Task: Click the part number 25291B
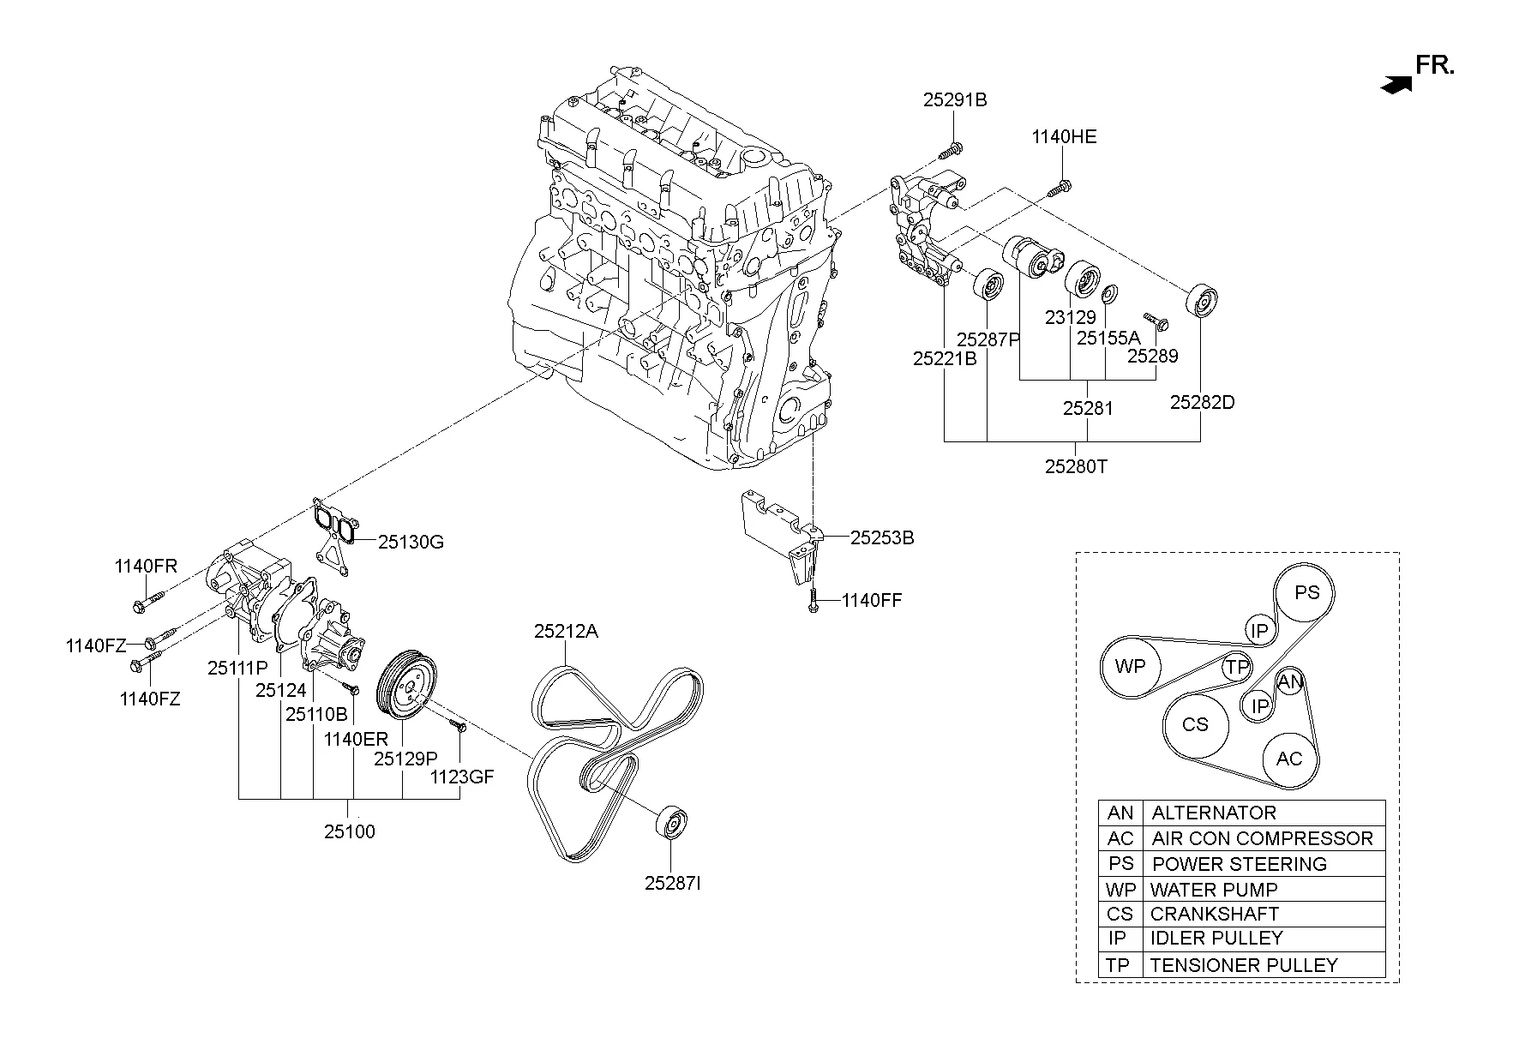click(x=954, y=100)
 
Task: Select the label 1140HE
click(x=1063, y=137)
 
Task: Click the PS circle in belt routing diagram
click(x=1306, y=593)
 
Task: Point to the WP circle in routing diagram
click(x=1130, y=666)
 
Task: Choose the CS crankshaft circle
click(x=1194, y=725)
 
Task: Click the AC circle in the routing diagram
click(x=1288, y=759)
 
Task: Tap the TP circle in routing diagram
click(x=1236, y=668)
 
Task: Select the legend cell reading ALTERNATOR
click(x=1213, y=813)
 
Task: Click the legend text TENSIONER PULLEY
click(x=1243, y=965)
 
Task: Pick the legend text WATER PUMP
click(x=1213, y=890)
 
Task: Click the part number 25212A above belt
click(x=566, y=632)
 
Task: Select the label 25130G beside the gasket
click(x=411, y=542)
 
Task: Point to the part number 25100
click(x=349, y=831)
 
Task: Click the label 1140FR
click(x=146, y=566)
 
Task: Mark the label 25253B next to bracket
click(x=881, y=538)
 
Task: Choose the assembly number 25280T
click(x=1076, y=467)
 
